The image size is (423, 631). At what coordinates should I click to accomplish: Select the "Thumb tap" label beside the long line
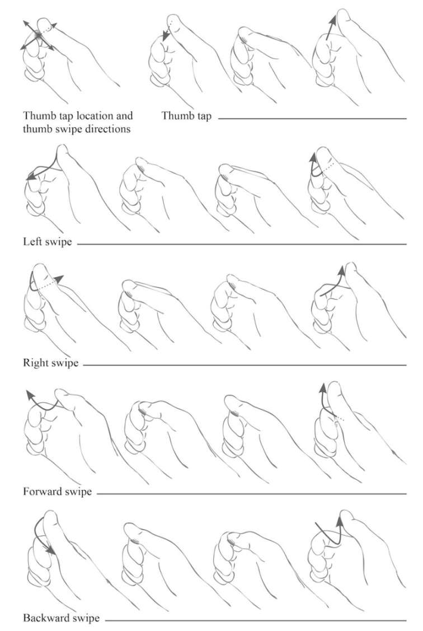coord(186,116)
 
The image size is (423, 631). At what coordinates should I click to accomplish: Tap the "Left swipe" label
coord(48,242)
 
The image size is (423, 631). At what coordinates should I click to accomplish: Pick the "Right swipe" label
coord(51,363)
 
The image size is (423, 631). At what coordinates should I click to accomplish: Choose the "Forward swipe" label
coord(57,492)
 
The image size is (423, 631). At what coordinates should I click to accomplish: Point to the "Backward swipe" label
coord(61,618)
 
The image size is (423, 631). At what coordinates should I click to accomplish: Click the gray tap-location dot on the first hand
coord(38,35)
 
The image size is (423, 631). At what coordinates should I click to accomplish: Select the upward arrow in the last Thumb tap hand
coord(331,27)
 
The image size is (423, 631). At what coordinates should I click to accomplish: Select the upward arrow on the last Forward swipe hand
coord(323,403)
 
